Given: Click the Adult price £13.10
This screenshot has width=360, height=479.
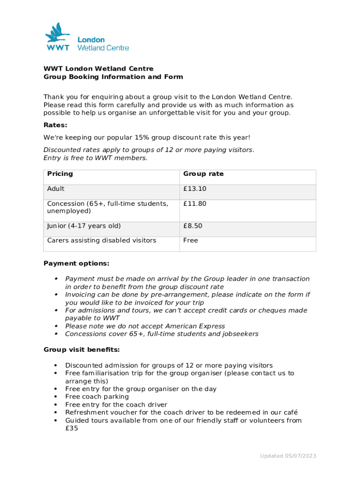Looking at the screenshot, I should tap(194, 189).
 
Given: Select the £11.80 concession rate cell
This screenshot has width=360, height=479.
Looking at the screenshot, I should tap(194, 204).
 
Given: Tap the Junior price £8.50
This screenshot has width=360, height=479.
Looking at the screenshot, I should tap(193, 226).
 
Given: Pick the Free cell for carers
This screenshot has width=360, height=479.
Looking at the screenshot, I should tap(190, 240).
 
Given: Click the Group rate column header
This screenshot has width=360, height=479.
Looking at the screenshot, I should tap(203, 174).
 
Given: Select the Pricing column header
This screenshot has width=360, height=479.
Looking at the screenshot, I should tap(60, 174).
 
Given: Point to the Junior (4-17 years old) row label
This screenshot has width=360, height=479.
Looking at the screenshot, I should tap(84, 226).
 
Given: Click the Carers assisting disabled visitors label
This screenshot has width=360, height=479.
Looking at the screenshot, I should tap(101, 240).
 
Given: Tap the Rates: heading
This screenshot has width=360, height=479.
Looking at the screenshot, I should tap(55, 125).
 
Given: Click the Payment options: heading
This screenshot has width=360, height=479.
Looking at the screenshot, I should tap(76, 263).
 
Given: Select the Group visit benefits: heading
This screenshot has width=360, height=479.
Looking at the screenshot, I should tap(81, 350).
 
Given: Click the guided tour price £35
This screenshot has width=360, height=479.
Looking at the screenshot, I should tap(72, 428).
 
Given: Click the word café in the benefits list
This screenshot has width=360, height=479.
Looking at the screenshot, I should tap(289, 413).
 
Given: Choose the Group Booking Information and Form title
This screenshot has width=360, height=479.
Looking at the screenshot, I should tap(113, 77).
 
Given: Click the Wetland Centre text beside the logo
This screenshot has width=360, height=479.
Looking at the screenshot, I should tap(103, 48).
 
